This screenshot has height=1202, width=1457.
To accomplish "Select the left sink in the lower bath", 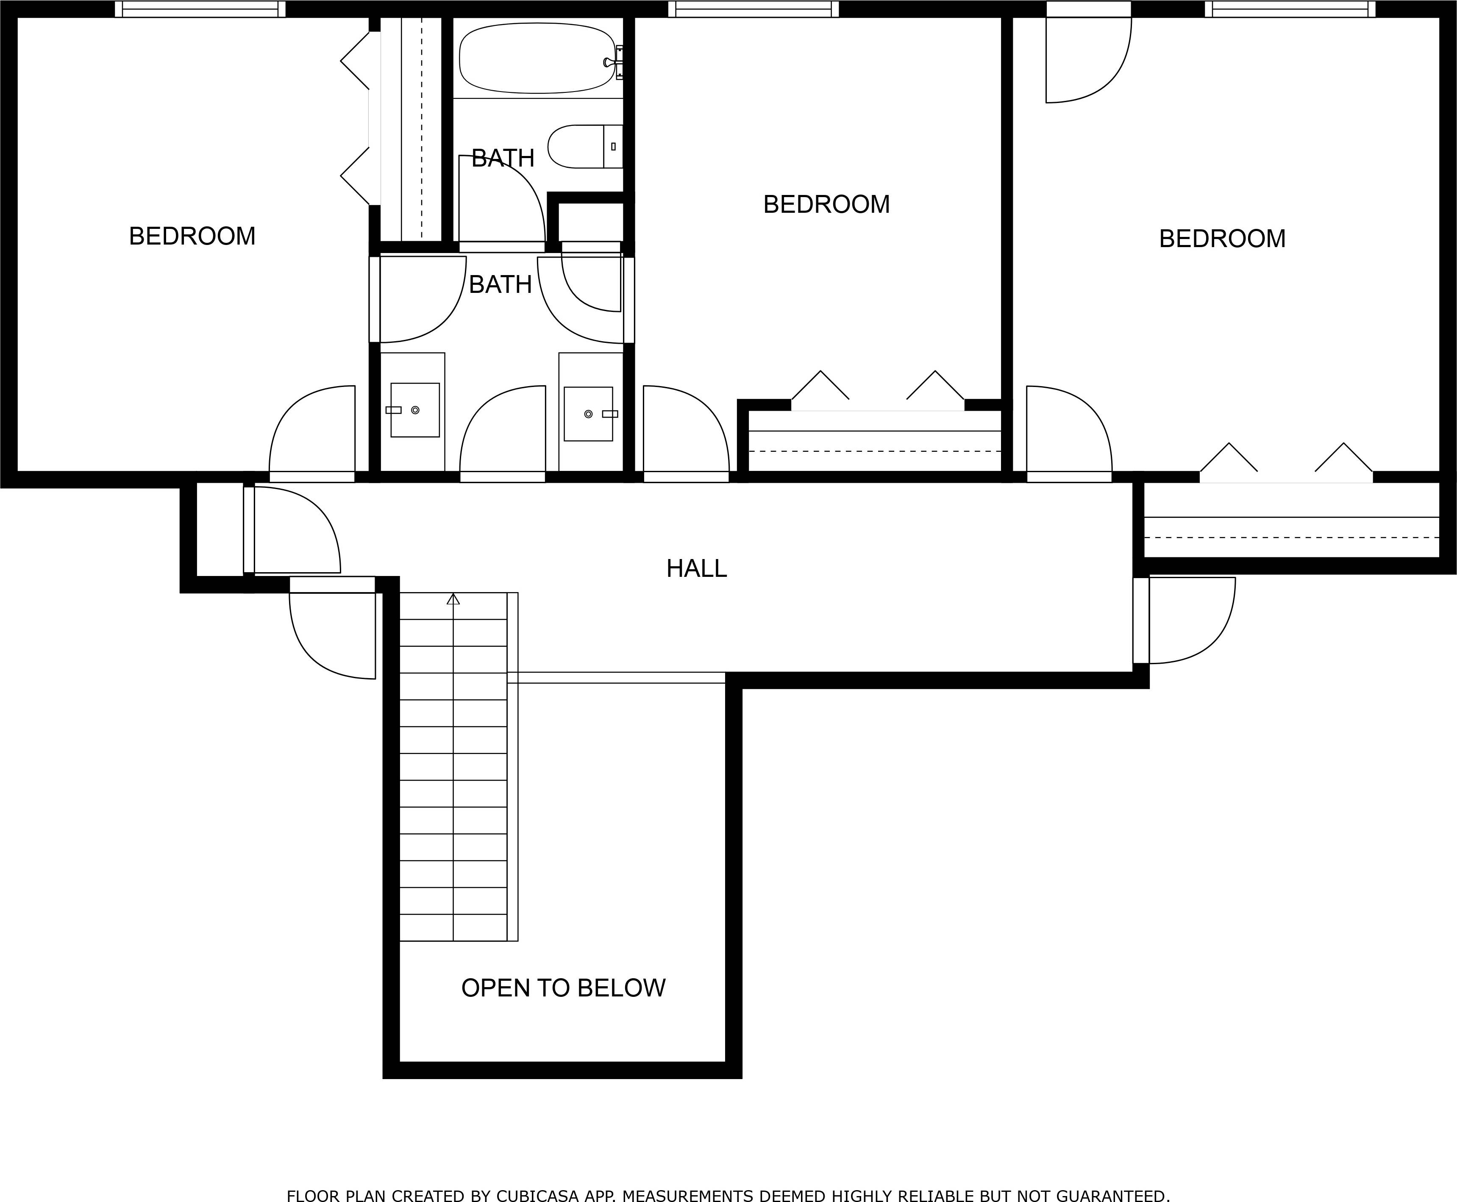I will pos(414,410).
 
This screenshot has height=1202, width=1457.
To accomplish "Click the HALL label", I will pos(696,568).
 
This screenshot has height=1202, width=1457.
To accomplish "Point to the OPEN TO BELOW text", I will pos(563,988).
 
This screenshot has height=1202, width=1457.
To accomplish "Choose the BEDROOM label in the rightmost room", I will pos(1222,239).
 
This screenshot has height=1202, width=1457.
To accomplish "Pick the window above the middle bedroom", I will pos(753,9).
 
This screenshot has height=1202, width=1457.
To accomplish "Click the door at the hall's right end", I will pos(1184,620).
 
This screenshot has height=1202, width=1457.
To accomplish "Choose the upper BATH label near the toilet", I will pos(503,159).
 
